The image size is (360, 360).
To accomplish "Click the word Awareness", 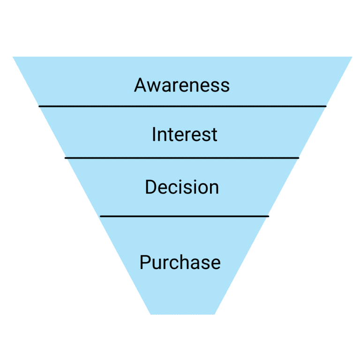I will [x=182, y=85].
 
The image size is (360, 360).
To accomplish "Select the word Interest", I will [x=185, y=135].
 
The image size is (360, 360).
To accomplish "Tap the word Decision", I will [x=182, y=187].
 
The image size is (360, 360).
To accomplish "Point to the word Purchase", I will [x=180, y=262].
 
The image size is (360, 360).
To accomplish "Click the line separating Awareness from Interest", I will [x=182, y=106].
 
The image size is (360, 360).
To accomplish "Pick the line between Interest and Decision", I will [x=182, y=158].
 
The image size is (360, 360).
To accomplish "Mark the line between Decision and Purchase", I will [x=184, y=216].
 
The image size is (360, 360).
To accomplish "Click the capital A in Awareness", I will [x=141, y=85].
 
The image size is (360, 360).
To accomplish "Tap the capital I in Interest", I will [x=154, y=135].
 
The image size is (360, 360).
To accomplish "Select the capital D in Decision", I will [x=150, y=187].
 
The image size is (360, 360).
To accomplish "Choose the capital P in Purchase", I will [x=145, y=262].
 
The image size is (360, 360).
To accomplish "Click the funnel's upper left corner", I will [x=14, y=58].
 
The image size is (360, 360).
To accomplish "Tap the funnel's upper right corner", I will [x=351, y=58].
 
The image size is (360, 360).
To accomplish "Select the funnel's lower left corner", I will [x=151, y=313].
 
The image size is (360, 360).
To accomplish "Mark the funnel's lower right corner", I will [x=214, y=313].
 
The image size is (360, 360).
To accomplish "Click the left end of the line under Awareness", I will [x=40, y=106].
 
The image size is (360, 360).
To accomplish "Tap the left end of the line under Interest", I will [x=66, y=158].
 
